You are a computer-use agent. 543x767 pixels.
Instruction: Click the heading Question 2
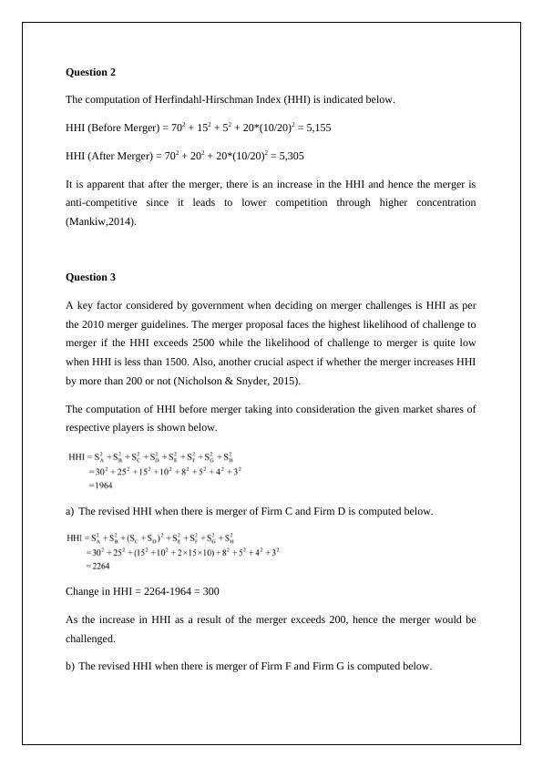click(91, 71)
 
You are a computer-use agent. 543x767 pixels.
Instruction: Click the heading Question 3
click(91, 277)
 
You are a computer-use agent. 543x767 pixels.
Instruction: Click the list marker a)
click(70, 512)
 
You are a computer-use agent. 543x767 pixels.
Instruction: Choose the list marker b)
click(70, 666)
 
